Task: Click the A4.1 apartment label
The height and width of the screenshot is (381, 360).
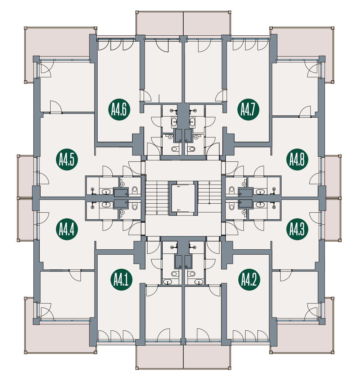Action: click(x=121, y=280)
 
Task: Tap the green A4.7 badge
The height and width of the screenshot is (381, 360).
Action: click(x=248, y=109)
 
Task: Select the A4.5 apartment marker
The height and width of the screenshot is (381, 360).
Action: click(x=67, y=160)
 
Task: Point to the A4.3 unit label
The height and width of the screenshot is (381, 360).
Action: click(x=297, y=229)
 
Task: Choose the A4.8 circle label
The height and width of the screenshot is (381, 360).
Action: click(x=297, y=160)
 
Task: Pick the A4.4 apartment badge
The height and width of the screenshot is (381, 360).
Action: click(x=67, y=229)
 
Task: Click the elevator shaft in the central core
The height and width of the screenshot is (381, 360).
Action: click(x=183, y=198)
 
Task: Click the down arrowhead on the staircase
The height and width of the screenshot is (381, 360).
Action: click(x=157, y=213)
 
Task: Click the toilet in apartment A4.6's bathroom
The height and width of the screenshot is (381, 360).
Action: click(x=174, y=149)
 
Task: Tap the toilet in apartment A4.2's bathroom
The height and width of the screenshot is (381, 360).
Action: click(x=191, y=274)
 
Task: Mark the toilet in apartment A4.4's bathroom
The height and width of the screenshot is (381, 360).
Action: click(x=135, y=207)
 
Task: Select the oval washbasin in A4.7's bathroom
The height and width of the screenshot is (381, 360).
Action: click(x=192, y=122)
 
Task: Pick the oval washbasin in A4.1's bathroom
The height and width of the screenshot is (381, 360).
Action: click(x=168, y=282)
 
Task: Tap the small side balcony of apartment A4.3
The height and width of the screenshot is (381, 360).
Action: click(x=333, y=220)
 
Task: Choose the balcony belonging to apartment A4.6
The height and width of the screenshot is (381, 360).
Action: click(x=160, y=23)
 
